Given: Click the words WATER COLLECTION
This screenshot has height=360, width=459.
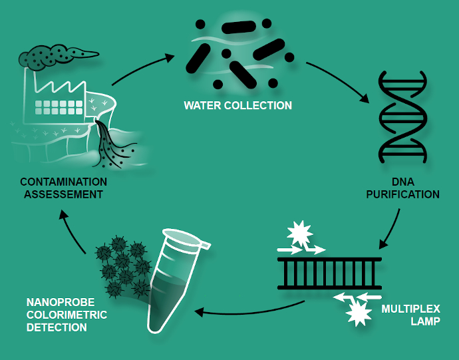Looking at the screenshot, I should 238,105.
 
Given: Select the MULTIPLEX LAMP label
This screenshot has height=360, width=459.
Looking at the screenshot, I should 410,315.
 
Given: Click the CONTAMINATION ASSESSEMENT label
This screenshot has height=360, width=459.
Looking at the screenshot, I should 63,188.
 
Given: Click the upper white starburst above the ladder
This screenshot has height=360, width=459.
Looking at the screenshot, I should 299,234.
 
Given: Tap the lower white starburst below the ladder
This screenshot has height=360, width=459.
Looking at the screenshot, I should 358,311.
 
